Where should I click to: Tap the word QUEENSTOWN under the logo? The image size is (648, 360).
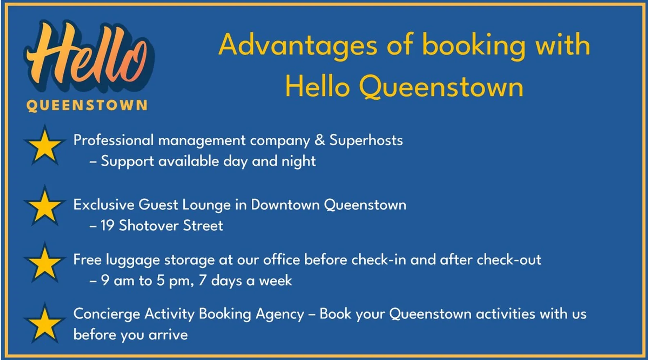[87, 105]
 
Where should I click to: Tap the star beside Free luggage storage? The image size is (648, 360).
[45, 263]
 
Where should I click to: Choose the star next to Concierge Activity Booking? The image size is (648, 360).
[45, 323]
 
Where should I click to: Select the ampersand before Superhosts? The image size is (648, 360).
[319, 140]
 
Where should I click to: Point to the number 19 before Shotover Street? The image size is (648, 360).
[107, 226]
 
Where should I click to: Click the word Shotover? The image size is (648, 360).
[149, 226]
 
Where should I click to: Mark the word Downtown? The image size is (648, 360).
[285, 204]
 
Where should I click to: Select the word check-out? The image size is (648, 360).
[509, 260]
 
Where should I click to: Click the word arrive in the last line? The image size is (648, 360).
[168, 335]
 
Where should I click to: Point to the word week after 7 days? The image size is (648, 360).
[275, 280]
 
